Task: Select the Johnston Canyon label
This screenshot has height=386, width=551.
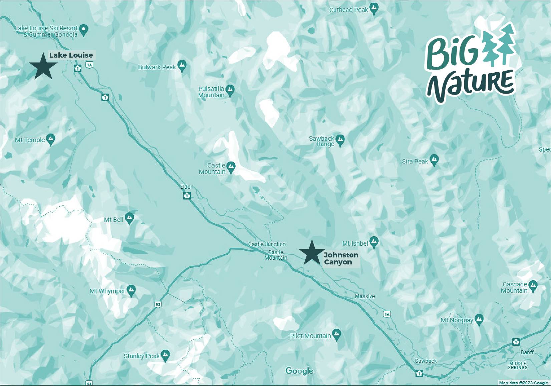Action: coord(341,258)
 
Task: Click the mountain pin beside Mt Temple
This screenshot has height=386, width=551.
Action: coord(51,139)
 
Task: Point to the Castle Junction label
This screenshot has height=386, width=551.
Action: coord(267,244)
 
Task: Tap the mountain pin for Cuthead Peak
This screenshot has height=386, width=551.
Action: coord(374,9)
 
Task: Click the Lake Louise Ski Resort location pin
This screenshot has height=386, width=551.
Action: coord(84,29)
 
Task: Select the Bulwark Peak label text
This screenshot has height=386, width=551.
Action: coord(157,67)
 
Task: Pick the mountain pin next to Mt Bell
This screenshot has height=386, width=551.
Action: coord(130,218)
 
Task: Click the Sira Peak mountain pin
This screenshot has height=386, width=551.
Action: coord(434,160)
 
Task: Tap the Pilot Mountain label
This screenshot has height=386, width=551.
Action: coord(310,336)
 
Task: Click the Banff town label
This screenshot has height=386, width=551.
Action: coord(527,352)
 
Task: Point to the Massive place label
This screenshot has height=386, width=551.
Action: coord(365,296)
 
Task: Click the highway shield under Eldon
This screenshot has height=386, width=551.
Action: coord(187,195)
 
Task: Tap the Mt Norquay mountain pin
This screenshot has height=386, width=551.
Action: coord(479,319)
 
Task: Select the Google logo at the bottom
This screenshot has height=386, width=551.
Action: coord(299,371)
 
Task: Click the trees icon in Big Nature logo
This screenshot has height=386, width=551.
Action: coord(500,45)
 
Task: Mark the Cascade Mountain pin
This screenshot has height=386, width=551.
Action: coord(533,286)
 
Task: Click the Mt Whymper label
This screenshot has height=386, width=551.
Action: coord(107,291)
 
